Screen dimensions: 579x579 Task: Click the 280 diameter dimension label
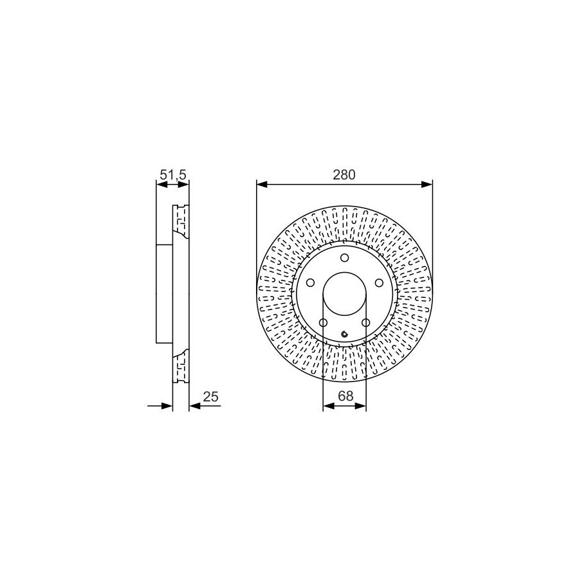click(344, 174)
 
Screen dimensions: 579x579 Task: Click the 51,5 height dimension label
click(172, 174)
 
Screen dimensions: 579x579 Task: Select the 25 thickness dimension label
click(211, 396)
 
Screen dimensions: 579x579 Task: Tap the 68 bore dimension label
click(345, 396)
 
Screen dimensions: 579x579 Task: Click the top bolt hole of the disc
click(345, 257)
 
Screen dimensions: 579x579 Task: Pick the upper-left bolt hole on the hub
click(311, 282)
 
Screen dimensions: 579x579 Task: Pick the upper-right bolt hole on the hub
click(379, 282)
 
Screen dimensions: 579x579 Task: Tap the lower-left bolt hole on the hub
click(323, 323)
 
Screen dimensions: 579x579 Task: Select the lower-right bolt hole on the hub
click(366, 323)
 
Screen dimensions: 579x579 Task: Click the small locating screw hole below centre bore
click(345, 334)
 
